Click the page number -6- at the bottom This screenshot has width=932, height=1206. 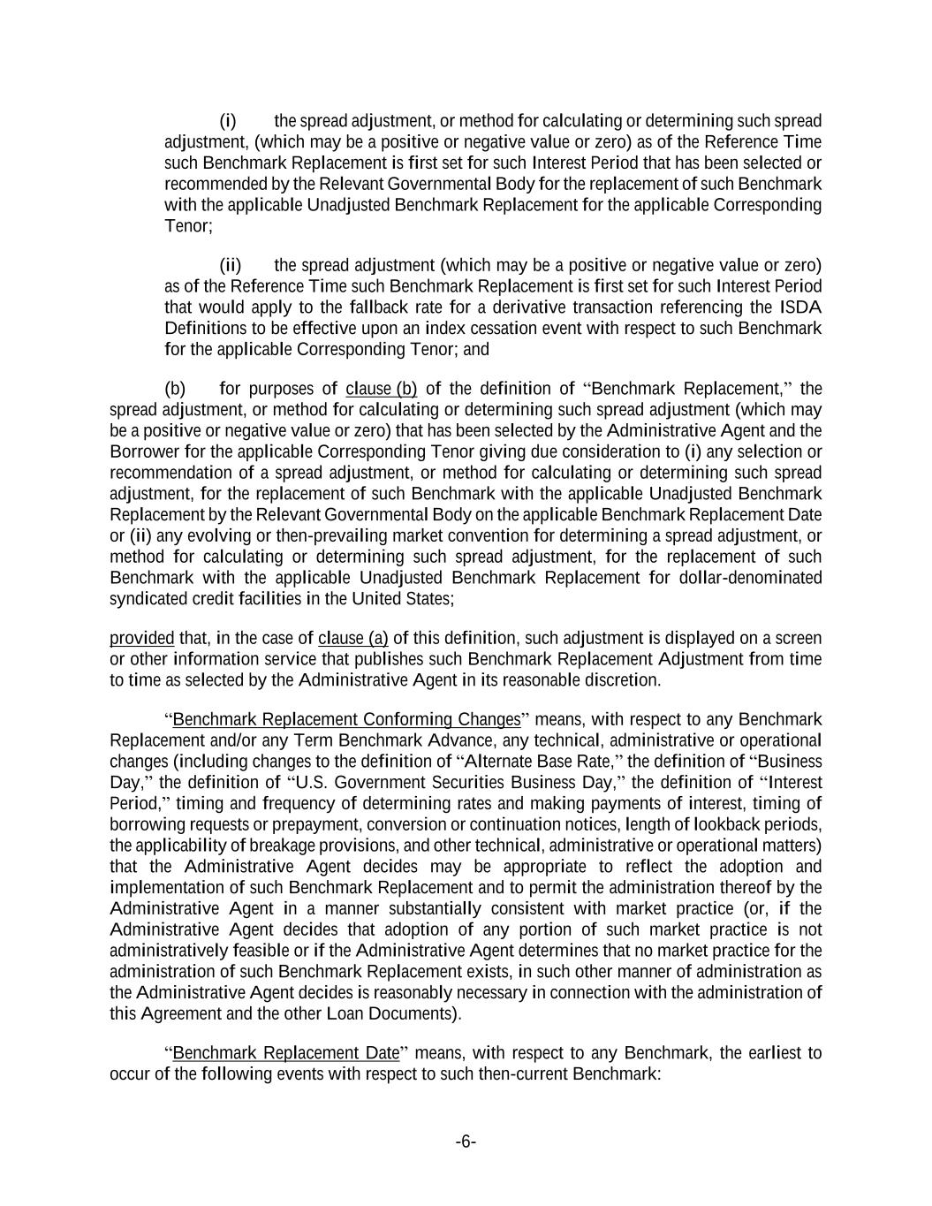tap(466, 1142)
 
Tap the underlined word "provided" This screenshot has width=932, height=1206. tap(141, 638)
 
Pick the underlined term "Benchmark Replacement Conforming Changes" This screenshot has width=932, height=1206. tap(346, 719)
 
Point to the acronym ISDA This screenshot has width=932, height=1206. tap(800, 307)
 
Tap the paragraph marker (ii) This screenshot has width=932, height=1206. tap(231, 265)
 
